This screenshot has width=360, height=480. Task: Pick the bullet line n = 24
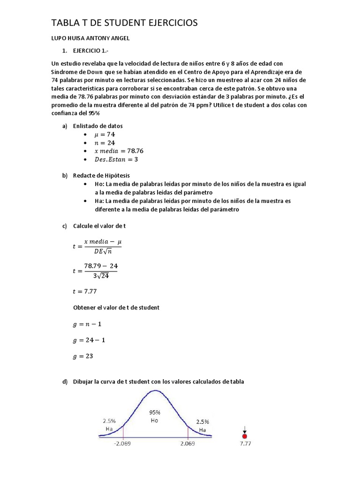(x=105, y=142)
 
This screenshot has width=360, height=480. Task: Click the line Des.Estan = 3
(x=116, y=159)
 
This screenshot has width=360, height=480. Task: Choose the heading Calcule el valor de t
(x=99, y=226)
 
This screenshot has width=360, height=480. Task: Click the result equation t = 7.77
(x=84, y=291)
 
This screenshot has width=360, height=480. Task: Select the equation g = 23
(x=83, y=356)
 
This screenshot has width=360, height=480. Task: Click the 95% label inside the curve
(x=155, y=412)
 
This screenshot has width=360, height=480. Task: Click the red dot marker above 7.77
(x=244, y=436)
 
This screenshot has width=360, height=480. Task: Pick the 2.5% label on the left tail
(x=109, y=421)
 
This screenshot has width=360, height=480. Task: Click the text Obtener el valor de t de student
(x=116, y=307)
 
